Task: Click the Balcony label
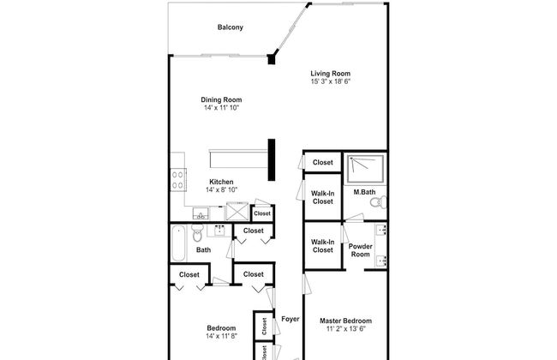coord(231,27)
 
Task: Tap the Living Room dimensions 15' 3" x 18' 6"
coord(331,81)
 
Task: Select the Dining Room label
coord(221,100)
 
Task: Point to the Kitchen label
coord(221,182)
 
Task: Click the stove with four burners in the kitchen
coord(178,180)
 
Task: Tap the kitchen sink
coord(201,214)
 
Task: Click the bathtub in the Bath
coord(178,243)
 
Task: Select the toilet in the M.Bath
coord(378,202)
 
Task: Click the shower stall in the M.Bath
coord(365,169)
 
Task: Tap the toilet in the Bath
coord(197,233)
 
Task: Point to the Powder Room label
coord(360,250)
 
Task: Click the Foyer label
coord(290,319)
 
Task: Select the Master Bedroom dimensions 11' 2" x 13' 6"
coord(345,329)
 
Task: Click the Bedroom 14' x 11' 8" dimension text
coord(221,336)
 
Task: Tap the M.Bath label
coord(364,192)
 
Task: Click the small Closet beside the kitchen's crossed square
coord(262,213)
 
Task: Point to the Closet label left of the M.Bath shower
coord(323,162)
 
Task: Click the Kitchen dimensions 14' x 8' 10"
coord(221,189)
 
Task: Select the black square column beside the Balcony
coord(272,58)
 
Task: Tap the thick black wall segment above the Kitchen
coord(272,159)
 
